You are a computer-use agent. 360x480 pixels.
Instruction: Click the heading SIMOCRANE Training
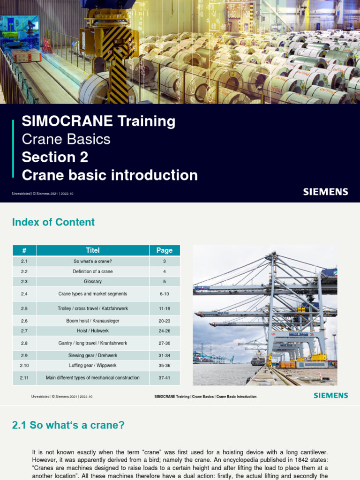(98, 121)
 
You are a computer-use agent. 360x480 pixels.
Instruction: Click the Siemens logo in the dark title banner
(325, 192)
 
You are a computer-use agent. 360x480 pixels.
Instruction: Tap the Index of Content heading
(53, 222)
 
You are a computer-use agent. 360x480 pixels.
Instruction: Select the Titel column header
(93, 250)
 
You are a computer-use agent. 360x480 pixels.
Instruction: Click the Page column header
(164, 250)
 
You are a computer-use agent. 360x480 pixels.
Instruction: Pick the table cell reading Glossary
(93, 282)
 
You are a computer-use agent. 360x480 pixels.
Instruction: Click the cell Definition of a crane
(93, 271)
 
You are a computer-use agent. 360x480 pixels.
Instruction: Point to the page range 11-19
(164, 309)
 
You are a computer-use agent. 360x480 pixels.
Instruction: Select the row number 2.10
(24, 365)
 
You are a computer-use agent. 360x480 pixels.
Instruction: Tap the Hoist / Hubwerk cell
(93, 331)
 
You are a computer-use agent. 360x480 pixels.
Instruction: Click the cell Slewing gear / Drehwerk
(93, 355)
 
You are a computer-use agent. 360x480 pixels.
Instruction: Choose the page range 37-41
(164, 378)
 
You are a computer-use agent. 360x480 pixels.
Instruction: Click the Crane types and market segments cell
(93, 294)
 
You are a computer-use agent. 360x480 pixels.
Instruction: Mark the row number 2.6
(24, 321)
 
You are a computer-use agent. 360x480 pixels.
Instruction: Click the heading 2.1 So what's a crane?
(68, 425)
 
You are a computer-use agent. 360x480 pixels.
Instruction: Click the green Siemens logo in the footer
(331, 396)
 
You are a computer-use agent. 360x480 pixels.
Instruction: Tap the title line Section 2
(55, 157)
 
